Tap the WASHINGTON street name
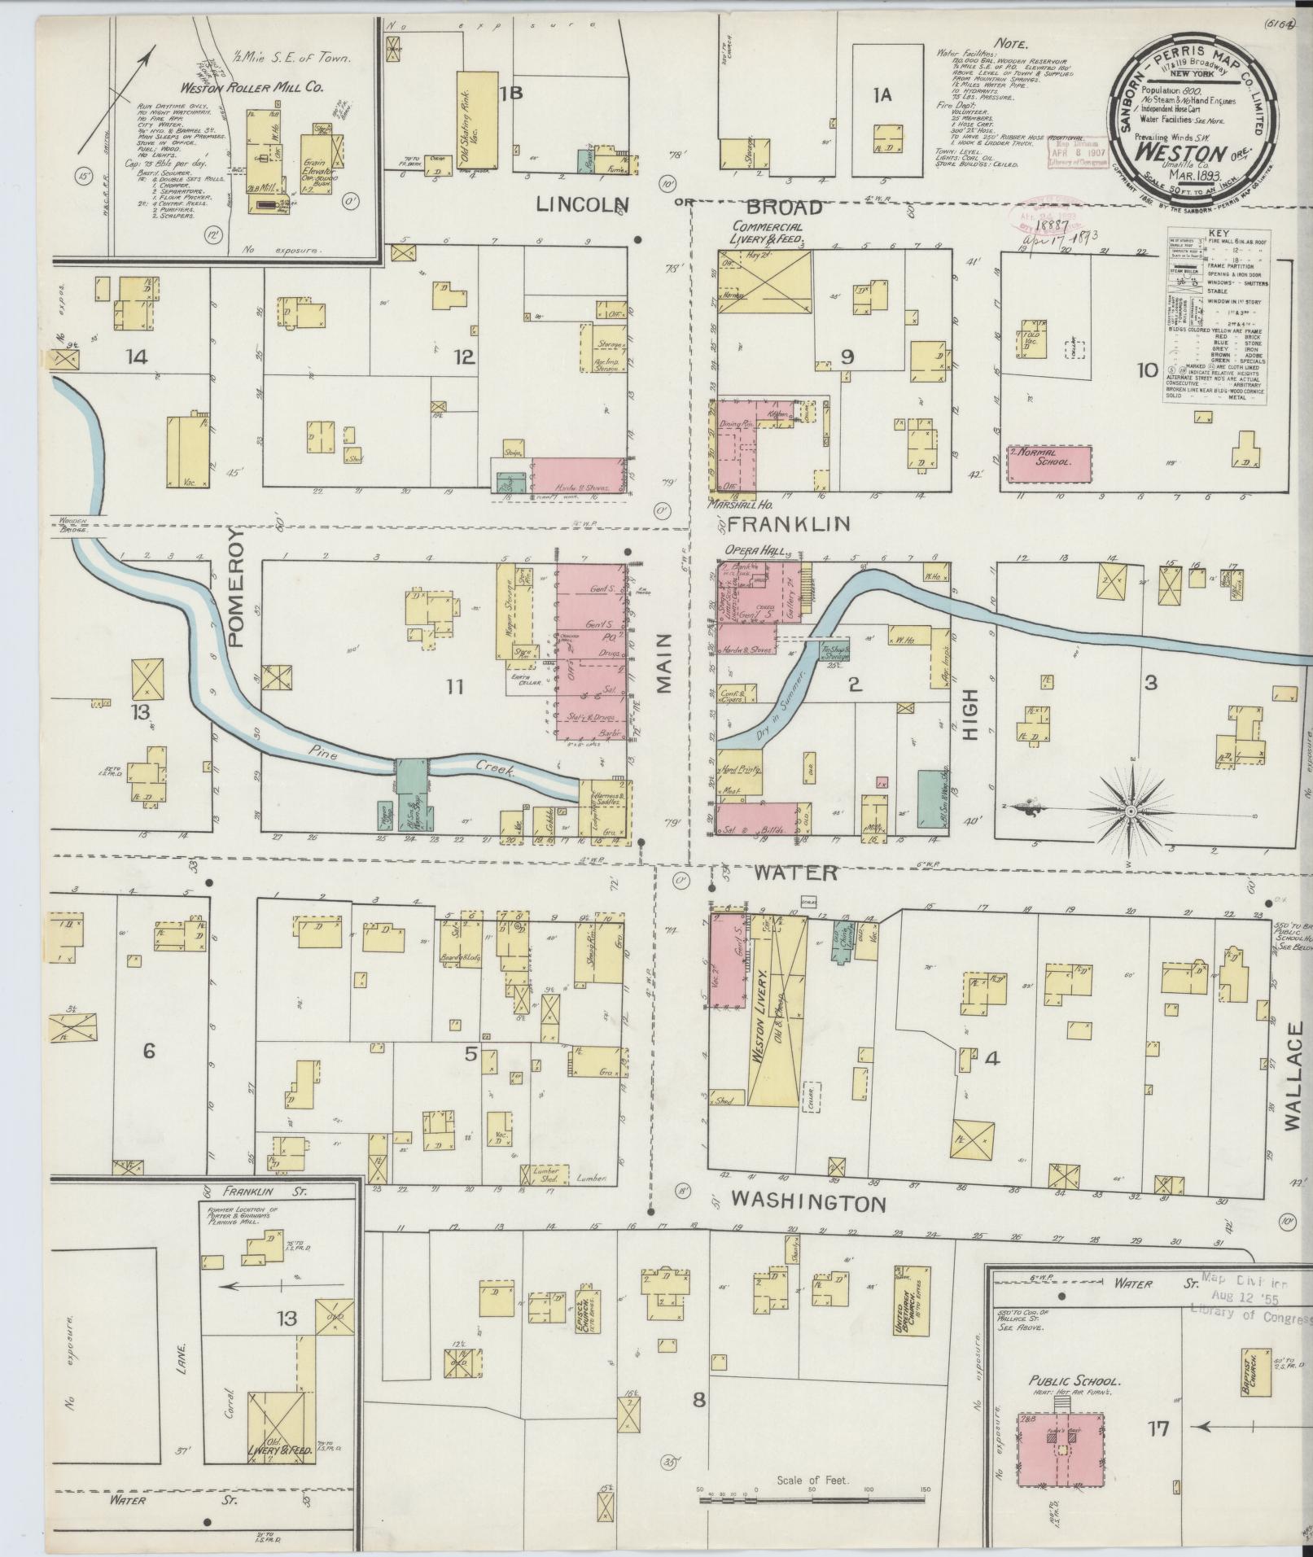807,1202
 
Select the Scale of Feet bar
812,1490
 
